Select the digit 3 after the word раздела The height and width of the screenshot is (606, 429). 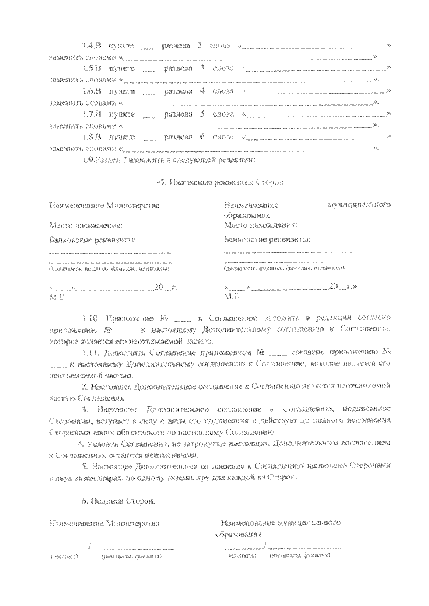pos(202,68)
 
